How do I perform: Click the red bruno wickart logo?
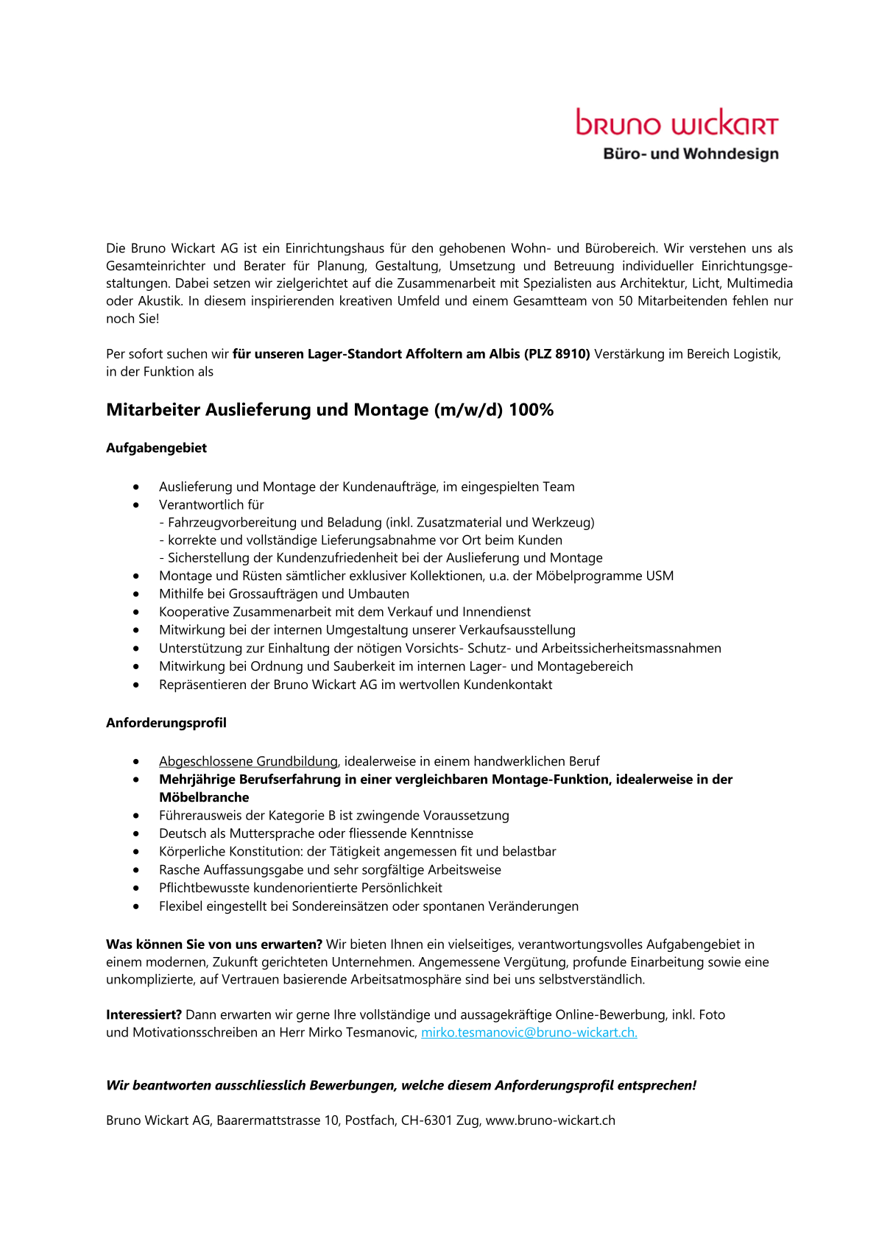point(677,123)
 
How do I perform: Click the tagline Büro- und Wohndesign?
point(690,154)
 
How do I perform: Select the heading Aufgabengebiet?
point(156,448)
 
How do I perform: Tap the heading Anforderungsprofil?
point(166,722)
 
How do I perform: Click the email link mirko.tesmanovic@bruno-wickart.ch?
point(529,1032)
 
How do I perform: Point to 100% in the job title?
point(531,410)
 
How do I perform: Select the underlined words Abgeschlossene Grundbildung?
point(248,761)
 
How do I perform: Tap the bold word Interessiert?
point(144,1014)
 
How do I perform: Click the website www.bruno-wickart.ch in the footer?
point(550,1120)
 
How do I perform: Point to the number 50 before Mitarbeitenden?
point(626,301)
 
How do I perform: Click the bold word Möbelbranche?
point(204,797)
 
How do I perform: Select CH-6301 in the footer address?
point(426,1120)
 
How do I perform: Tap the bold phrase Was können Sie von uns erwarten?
point(214,945)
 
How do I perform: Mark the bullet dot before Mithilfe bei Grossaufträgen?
point(136,594)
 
